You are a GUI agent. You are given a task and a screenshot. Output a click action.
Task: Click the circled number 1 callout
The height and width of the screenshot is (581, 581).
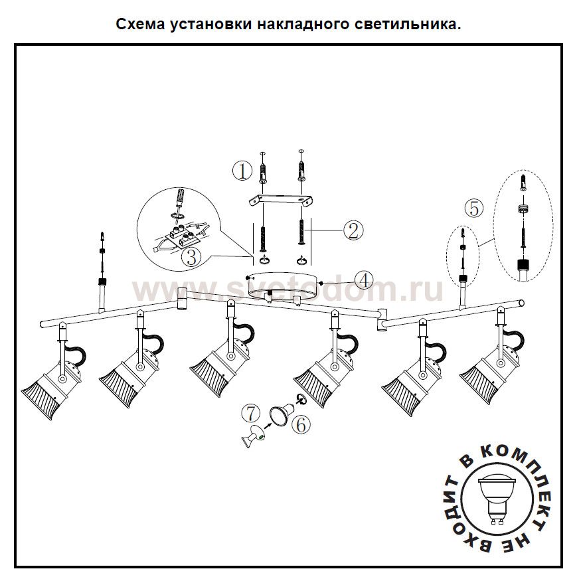[242, 171]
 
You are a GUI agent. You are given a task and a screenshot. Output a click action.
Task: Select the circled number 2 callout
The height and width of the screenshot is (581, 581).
[352, 230]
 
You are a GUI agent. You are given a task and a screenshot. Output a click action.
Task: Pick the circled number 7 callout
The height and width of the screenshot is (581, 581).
[248, 412]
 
